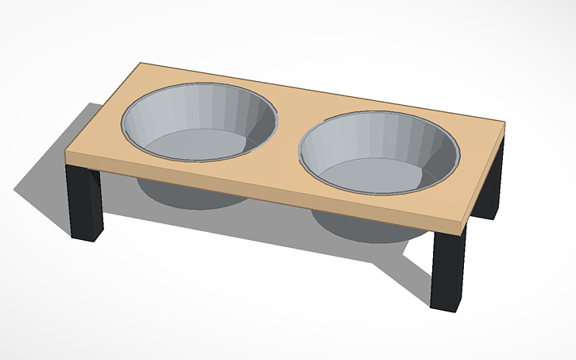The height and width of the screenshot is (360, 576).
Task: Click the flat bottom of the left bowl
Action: point(195,145)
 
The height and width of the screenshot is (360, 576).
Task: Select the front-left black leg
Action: point(85,203)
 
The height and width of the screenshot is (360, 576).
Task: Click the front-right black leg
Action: point(448,270)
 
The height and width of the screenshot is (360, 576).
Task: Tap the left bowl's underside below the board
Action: point(191,195)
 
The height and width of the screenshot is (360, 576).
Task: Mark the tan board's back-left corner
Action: point(141,64)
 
